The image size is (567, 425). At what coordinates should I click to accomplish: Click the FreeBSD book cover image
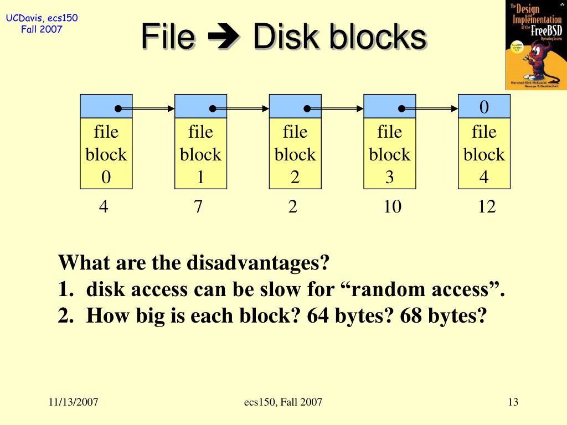click(535, 45)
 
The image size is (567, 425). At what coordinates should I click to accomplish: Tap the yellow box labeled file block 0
click(106, 154)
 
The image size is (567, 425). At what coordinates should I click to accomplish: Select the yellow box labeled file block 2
click(295, 154)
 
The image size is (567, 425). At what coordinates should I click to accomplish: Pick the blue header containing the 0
click(484, 106)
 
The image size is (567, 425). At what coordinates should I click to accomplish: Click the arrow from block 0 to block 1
click(147, 109)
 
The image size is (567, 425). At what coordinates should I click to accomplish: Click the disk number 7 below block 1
click(198, 207)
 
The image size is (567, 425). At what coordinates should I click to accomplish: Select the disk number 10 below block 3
click(391, 207)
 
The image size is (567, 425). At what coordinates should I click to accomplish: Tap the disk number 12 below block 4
click(486, 207)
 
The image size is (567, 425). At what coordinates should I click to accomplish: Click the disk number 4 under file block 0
click(104, 207)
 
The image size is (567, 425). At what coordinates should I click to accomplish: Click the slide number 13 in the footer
click(513, 402)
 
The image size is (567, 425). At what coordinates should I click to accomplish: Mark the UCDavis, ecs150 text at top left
click(42, 19)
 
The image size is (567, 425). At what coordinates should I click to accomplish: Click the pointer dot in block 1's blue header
click(213, 109)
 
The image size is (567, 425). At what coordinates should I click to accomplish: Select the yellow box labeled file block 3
click(389, 154)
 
